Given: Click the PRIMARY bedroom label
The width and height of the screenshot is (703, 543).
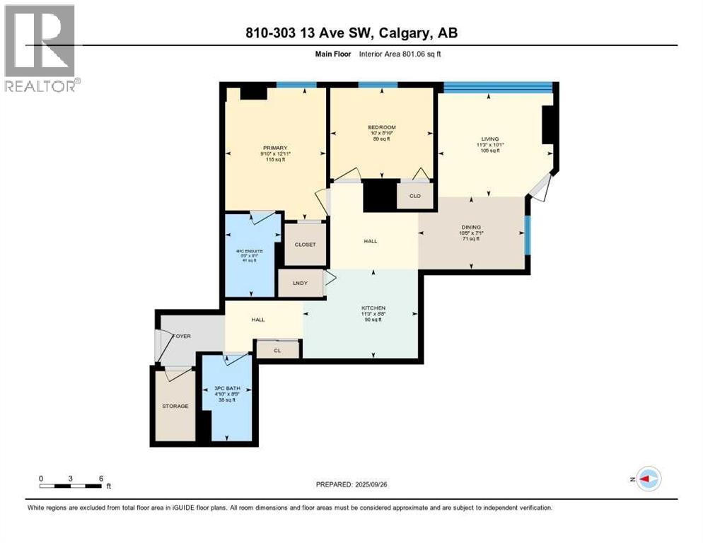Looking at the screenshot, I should pos(275,148).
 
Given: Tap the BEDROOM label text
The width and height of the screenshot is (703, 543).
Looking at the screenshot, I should pos(381,127).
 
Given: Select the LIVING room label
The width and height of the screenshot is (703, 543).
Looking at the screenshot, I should pos(490,139).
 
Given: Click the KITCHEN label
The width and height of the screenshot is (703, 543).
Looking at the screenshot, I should pos(373,308).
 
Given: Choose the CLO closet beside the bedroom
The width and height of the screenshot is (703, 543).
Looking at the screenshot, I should pos(415,196).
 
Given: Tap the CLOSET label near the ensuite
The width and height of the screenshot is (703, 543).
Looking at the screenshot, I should pos(305,245).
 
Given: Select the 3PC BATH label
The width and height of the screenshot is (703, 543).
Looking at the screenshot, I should pos(227,388).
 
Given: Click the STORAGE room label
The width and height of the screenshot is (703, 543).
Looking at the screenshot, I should pos(175,406).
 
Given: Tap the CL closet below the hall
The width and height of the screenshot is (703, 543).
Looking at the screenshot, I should pos(277,349).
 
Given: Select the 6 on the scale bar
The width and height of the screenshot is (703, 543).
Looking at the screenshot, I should pos(101,478).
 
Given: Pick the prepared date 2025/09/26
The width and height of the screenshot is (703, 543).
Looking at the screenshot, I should pos(382,484).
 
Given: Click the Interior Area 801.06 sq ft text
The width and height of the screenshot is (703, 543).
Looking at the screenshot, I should pos(404,54).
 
